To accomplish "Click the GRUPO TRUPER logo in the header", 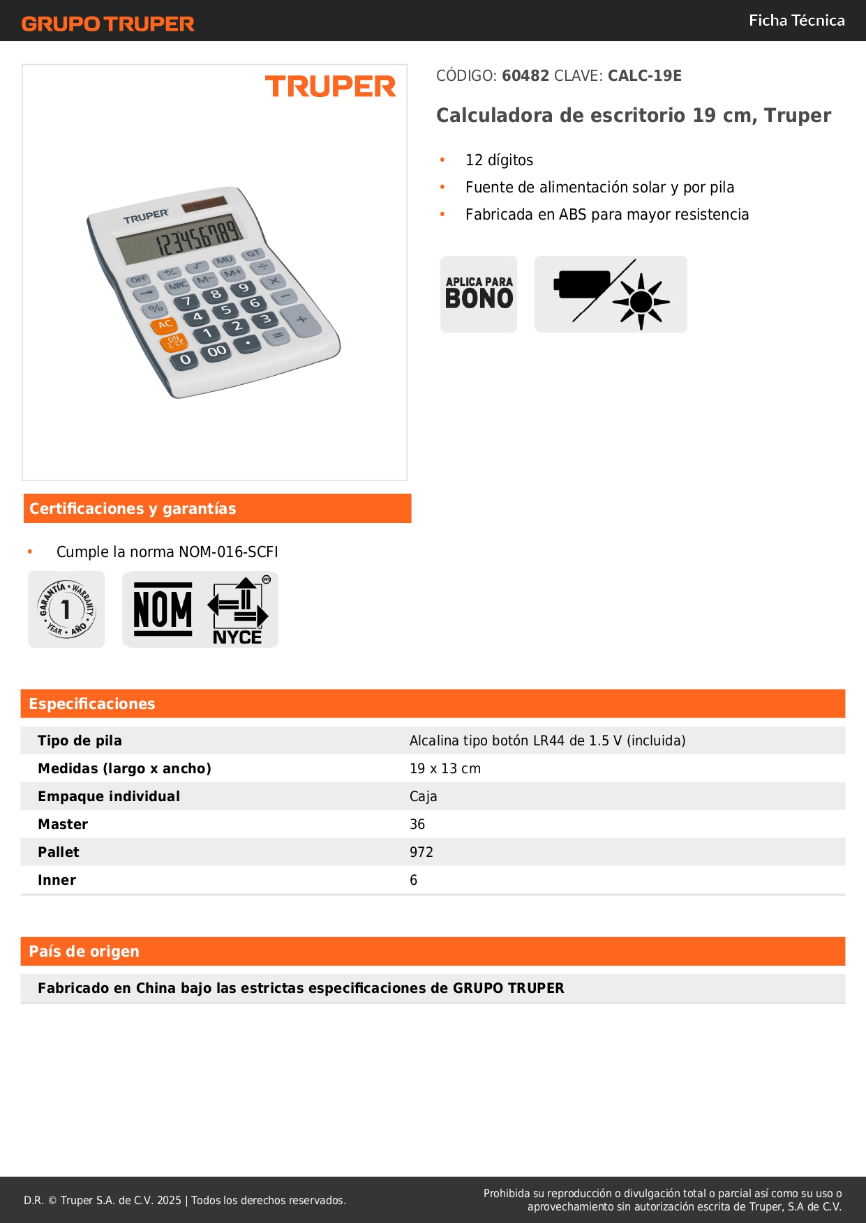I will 107,24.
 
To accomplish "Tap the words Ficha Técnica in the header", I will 796,20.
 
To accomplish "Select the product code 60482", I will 525,76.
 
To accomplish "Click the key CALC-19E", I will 644,76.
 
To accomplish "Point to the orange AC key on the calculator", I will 165,325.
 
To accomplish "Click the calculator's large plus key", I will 301,319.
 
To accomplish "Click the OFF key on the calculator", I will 139,280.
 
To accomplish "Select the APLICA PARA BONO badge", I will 479,294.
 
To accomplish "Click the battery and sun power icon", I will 611,294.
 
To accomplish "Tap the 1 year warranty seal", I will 66,609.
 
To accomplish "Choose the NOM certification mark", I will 163,609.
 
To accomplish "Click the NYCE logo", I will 237,611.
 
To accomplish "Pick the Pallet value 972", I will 421,852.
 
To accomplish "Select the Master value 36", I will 417,824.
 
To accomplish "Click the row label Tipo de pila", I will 80,740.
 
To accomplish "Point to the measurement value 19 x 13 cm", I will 445,768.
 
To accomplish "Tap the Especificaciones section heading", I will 92,704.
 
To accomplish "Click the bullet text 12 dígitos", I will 499,160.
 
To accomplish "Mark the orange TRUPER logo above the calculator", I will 330,87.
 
